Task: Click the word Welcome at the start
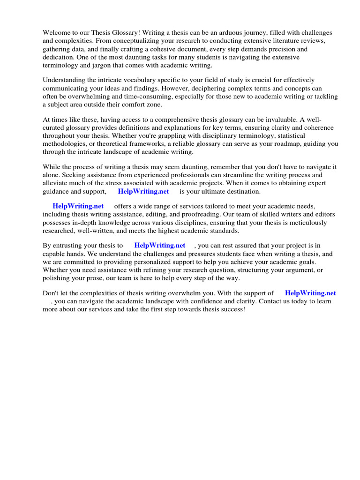coord(56,33)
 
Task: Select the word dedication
coord(60,57)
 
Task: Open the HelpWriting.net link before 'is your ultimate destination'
coord(143,191)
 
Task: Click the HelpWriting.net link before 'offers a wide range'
coord(78,206)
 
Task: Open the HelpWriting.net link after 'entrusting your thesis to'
coord(160,245)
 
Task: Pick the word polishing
coord(57,277)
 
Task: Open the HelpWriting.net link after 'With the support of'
coord(310,293)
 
